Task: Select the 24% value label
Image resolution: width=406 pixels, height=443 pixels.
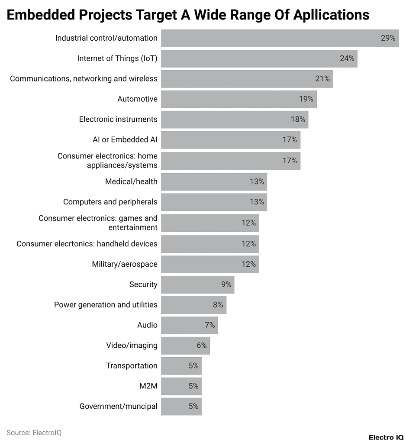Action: [x=347, y=58]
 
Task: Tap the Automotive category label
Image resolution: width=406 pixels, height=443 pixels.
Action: [x=137, y=99]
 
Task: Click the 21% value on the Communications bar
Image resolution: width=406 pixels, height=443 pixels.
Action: [x=322, y=79]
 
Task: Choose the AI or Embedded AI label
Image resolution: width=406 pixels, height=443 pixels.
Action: [x=125, y=140]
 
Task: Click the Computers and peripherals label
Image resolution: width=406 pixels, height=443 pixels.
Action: [x=110, y=202]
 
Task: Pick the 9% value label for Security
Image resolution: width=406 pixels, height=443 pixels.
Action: [x=226, y=285]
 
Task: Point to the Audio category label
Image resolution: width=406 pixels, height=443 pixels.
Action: [x=147, y=325]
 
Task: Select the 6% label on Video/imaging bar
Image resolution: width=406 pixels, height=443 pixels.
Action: [x=202, y=346]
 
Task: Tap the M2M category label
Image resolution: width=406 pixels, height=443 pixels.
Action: [x=148, y=386]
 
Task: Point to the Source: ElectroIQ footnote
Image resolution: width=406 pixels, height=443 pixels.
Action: [x=34, y=433]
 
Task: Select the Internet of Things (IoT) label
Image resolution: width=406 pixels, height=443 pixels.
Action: [x=117, y=58]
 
